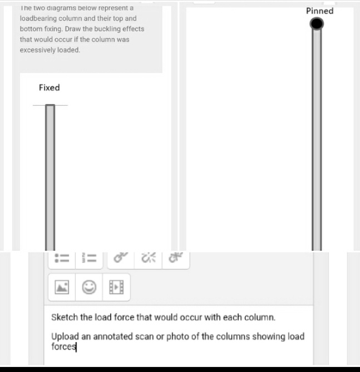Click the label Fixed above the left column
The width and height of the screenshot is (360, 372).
[x=49, y=87]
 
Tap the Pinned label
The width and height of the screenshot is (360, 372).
[x=319, y=11]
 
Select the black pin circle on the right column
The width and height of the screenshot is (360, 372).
[x=317, y=24]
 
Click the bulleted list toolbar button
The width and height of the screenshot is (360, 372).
[x=62, y=259]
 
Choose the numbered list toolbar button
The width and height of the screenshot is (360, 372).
[x=89, y=259]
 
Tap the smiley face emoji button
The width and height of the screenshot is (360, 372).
[x=89, y=287]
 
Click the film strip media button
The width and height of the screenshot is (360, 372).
[x=116, y=287]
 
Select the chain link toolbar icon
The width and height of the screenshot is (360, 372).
[x=121, y=257]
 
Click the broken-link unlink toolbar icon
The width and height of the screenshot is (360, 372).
[x=149, y=257]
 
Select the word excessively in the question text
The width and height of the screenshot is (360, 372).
[x=37, y=50]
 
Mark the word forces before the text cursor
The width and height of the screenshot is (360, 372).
[x=63, y=346]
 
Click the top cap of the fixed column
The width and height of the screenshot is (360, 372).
[x=50, y=105]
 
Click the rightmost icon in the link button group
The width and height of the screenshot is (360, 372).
[x=176, y=257]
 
